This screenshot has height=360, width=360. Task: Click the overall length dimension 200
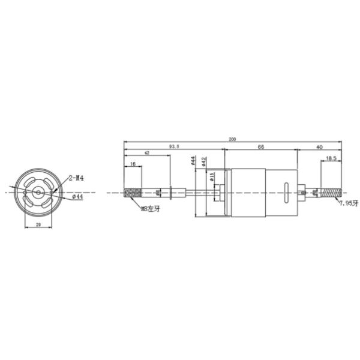click(232, 139)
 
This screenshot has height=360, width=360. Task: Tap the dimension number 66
click(261, 146)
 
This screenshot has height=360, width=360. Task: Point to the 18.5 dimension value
click(331, 158)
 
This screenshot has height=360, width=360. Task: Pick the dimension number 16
click(132, 163)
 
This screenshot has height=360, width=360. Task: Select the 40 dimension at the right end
click(319, 146)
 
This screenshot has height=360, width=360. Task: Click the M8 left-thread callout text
click(150, 209)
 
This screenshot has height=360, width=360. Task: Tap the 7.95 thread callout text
click(348, 204)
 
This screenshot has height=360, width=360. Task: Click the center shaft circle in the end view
click(38, 193)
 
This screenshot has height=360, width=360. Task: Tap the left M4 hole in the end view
click(25, 193)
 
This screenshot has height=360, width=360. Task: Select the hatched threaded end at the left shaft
click(132, 193)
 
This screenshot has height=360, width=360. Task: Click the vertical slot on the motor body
click(286, 193)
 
